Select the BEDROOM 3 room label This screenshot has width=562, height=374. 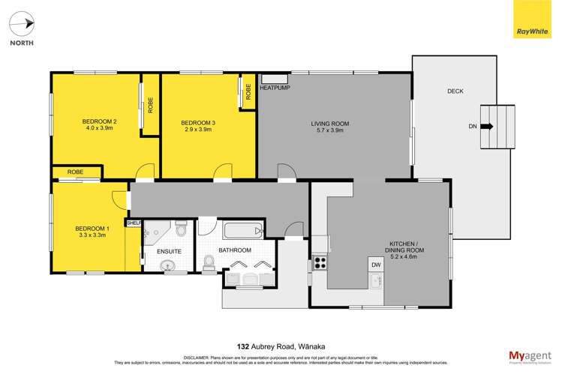click(199, 126)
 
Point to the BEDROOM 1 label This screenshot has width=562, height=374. click(92, 232)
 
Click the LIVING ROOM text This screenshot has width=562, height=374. click(330, 127)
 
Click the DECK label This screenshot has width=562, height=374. click(455, 91)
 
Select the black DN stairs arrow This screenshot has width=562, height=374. click(486, 127)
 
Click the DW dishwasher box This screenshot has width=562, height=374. click(376, 265)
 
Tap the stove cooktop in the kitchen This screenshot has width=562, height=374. click(320, 262)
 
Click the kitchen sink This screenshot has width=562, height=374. click(377, 281)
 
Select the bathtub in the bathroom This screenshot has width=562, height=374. click(240, 230)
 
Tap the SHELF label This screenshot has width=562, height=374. click(134, 223)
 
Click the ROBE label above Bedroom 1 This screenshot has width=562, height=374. click(75, 172)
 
